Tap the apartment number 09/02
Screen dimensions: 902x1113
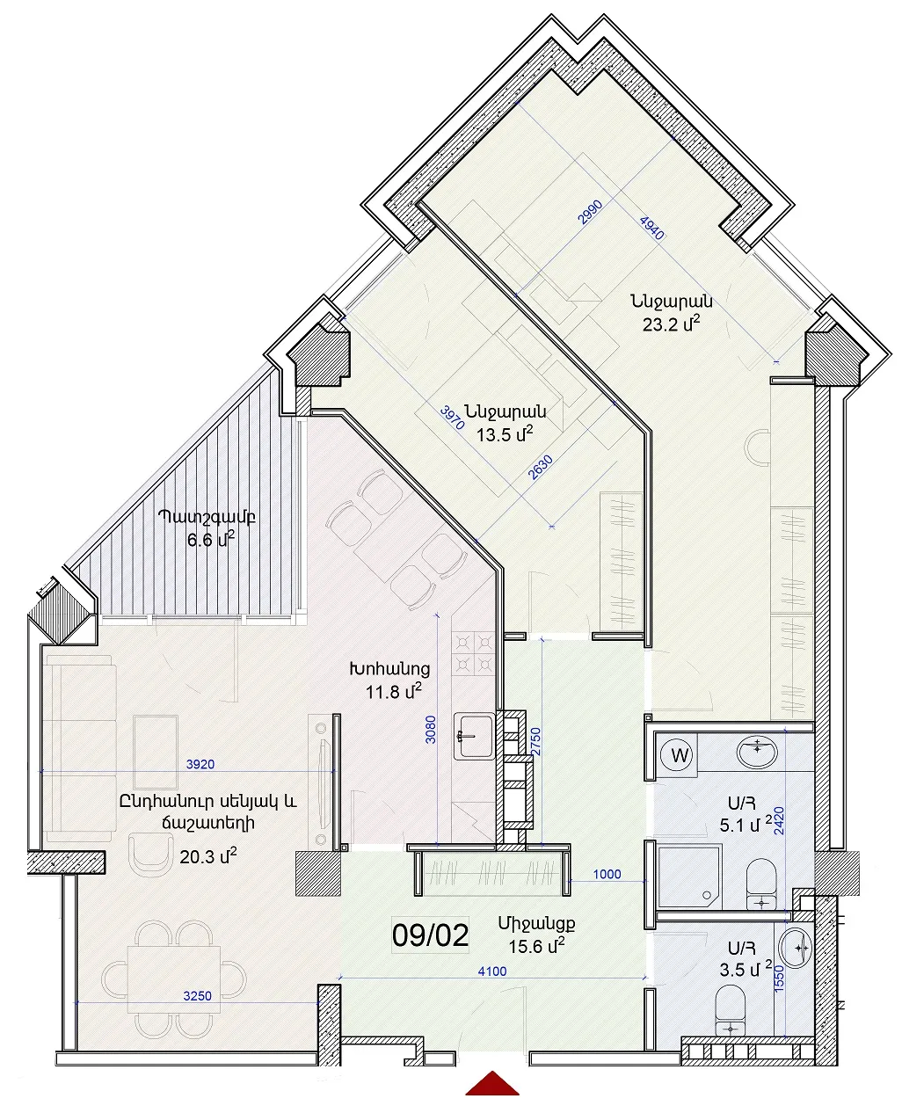pos(430,936)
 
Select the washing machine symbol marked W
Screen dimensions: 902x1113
pos(679,755)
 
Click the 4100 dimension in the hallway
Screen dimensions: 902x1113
pos(492,971)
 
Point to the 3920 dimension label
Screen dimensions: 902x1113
pos(200,764)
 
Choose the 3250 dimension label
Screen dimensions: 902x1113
pos(198,996)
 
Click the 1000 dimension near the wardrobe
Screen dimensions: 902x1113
pos(607,874)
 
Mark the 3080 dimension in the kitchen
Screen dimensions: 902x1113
pos(431,730)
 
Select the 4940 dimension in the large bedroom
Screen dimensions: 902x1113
pos(651,228)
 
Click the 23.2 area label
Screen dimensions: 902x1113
pos(671,324)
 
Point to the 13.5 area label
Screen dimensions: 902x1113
pos(505,433)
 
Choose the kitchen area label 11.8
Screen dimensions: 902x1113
pos(394,691)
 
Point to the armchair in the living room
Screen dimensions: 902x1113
pos(151,856)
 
